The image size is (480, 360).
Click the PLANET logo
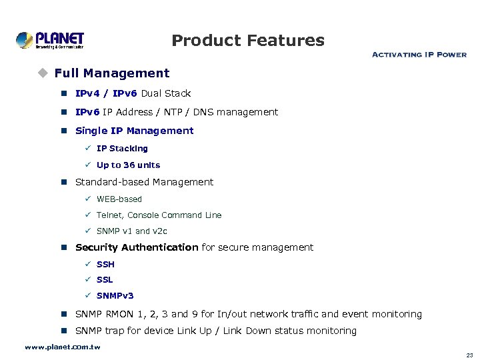pos(50,40)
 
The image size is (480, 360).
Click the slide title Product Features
pos(248,41)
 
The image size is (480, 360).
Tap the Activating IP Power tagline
pos(419,55)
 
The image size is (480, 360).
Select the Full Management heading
pos(112,73)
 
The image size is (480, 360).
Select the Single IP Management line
pos(134,131)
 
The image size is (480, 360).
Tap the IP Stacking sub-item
pos(122,149)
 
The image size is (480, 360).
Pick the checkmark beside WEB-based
pos(88,199)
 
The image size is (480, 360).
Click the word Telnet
pos(109,215)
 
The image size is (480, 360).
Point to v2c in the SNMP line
pos(160,231)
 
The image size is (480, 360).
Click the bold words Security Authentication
pos(137,247)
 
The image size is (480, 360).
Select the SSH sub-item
pos(105,265)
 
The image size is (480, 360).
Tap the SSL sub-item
pos(105,280)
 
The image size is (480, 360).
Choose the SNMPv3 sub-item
pos(115,296)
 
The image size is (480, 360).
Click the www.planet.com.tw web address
pos(62,347)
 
